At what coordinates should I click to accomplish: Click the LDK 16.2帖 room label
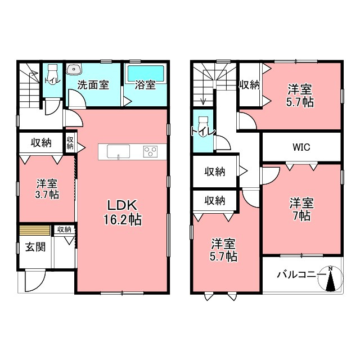(x=123, y=213)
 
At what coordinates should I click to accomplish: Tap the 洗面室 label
(x=93, y=85)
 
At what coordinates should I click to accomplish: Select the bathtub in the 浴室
(x=146, y=73)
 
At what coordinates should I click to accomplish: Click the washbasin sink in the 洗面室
(x=74, y=69)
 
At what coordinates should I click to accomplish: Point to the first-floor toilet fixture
(x=53, y=74)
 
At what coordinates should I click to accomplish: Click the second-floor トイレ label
(x=203, y=132)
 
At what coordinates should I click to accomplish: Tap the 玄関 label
(x=35, y=247)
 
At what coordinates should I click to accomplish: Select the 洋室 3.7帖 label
(x=47, y=189)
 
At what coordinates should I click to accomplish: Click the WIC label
(x=301, y=147)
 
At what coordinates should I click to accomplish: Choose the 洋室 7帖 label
(x=301, y=209)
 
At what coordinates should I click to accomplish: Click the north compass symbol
(x=330, y=278)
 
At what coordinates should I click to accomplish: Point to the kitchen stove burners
(x=150, y=151)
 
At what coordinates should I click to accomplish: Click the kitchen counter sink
(x=118, y=151)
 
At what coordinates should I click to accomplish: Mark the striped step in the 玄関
(x=35, y=230)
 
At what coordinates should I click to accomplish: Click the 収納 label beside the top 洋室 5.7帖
(x=249, y=85)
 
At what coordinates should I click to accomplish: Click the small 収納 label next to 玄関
(x=64, y=229)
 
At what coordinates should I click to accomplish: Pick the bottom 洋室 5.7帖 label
(x=223, y=250)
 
